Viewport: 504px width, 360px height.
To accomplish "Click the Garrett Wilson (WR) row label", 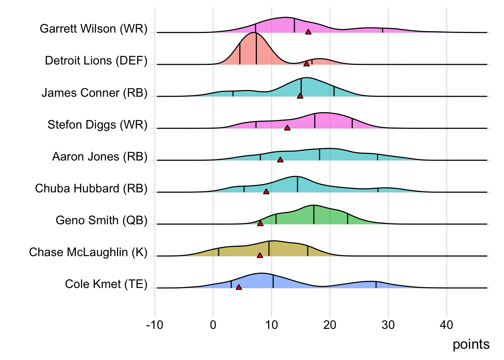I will click(x=93, y=29).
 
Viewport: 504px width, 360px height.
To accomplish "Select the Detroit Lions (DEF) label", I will click(x=96, y=61).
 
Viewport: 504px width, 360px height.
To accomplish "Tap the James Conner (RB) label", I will click(x=94, y=93).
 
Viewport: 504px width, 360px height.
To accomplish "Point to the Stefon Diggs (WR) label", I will click(x=97, y=124).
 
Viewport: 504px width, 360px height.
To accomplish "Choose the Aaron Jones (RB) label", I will click(x=100, y=156).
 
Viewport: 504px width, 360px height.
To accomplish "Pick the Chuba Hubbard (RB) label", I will click(x=91, y=188).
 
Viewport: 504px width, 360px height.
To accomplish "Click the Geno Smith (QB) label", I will click(x=102, y=220).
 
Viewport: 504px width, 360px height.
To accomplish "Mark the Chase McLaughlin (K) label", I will click(x=88, y=252).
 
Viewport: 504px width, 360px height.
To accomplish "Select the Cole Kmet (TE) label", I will click(x=106, y=284).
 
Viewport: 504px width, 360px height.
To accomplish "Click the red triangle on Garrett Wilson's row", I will click(x=308, y=32).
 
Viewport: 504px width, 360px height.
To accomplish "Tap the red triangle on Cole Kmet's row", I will click(x=239, y=288).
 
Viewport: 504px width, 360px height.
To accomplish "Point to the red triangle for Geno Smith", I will click(x=260, y=223).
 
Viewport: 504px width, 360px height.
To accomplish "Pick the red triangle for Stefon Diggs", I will click(x=287, y=128).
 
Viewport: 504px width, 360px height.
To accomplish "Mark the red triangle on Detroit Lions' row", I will click(x=307, y=64).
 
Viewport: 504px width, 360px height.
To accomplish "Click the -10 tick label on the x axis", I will click(x=154, y=325).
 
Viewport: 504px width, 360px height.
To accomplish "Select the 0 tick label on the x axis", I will click(x=213, y=325).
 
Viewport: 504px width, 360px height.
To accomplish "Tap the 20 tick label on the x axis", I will click(x=330, y=325).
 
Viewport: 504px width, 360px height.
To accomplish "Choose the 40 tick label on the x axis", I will click(x=446, y=325).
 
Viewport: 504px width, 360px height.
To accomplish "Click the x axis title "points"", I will click(x=471, y=345).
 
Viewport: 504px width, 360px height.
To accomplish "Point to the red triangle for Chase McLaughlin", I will click(x=260, y=255).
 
